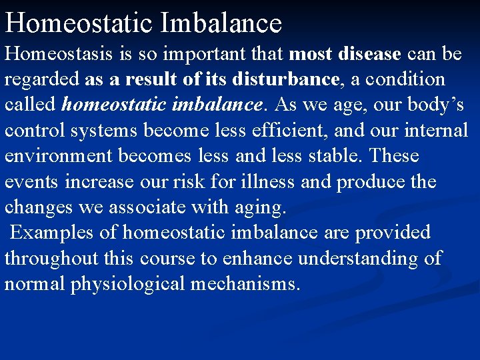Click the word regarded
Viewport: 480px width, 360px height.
[x=42, y=79]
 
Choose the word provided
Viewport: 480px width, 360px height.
[x=393, y=233]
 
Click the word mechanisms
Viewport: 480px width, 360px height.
[x=245, y=284]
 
